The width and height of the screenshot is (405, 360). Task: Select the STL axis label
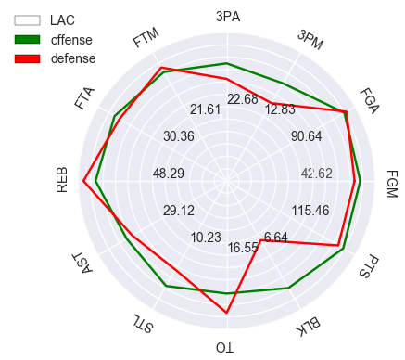click(x=142, y=324)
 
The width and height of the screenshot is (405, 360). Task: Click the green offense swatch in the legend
click(x=27, y=39)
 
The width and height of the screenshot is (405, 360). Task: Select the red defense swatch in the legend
click(x=27, y=58)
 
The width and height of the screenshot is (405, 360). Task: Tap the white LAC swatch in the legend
click(x=27, y=19)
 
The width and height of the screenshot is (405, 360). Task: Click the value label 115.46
click(x=310, y=211)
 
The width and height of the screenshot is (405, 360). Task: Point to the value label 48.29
click(x=169, y=174)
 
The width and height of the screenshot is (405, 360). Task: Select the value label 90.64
click(x=306, y=136)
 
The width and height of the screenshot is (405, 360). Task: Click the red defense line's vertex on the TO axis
click(x=227, y=314)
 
